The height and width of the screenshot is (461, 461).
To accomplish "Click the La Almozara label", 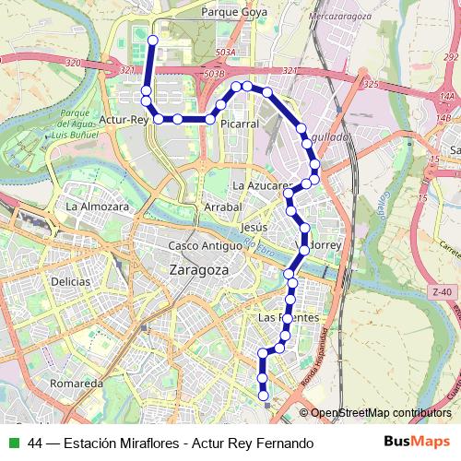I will [97, 207].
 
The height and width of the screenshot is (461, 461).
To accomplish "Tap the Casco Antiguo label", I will [205, 245].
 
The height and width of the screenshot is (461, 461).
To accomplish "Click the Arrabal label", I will [222, 207].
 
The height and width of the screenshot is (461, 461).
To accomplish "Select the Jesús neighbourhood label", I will [253, 227].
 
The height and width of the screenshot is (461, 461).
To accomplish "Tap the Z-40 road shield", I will [442, 292].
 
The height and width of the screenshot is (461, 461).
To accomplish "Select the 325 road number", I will [372, 84].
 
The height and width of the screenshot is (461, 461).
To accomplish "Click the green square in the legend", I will [14, 443].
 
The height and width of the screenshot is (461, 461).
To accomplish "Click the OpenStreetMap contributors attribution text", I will [381, 413].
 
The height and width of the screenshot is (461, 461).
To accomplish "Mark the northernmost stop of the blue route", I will [149, 40].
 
